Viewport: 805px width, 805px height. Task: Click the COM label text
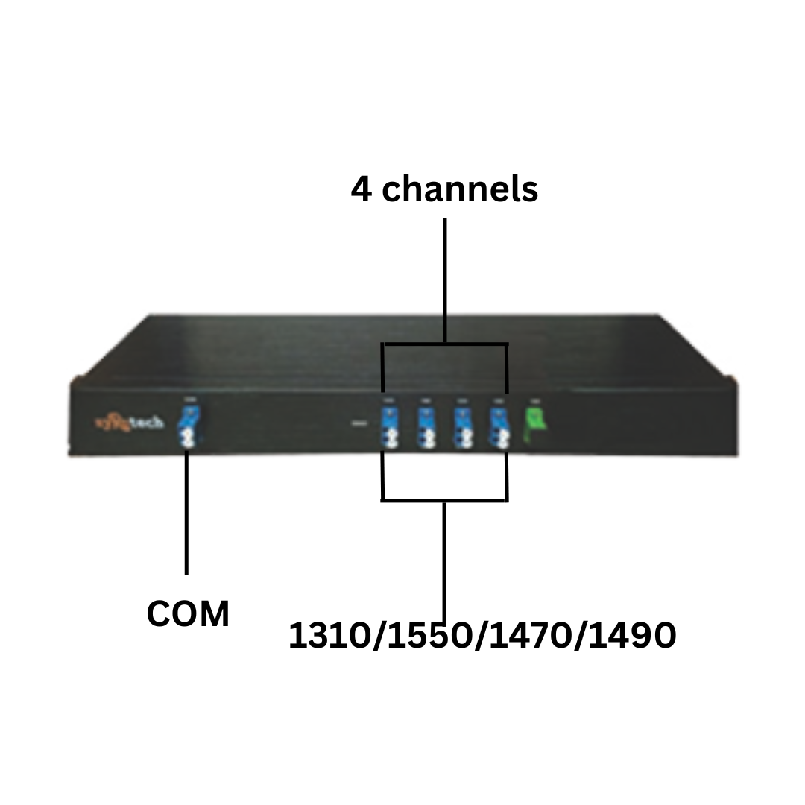pos(188,615)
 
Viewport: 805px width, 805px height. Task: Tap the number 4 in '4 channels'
pos(362,189)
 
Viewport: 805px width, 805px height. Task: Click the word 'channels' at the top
pos(460,189)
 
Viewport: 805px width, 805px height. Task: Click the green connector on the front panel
pos(534,426)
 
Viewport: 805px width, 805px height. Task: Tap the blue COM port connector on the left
pos(187,430)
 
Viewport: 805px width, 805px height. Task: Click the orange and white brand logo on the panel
pos(130,423)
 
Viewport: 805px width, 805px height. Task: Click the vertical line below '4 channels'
pos(445,280)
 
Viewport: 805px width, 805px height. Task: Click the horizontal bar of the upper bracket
pos(445,344)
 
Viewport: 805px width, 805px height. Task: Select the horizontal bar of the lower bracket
pos(445,500)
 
